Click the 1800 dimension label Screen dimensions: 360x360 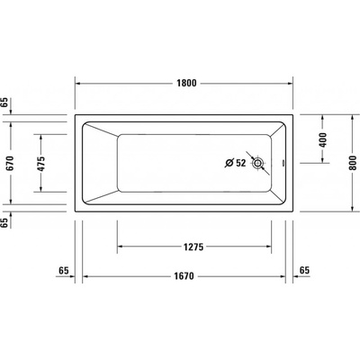coord(186,83)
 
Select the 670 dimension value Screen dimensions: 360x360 coord(10,163)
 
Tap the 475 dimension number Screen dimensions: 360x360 coord(40,164)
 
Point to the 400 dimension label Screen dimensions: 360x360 coord(322,139)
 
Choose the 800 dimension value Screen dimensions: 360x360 coord(354,163)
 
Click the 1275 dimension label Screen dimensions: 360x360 coord(193,247)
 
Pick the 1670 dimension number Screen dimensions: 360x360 coord(184,275)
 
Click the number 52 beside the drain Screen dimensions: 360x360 coord(240,163)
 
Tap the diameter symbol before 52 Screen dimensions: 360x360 coord(229,163)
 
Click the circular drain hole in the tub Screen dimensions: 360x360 coord(257,163)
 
